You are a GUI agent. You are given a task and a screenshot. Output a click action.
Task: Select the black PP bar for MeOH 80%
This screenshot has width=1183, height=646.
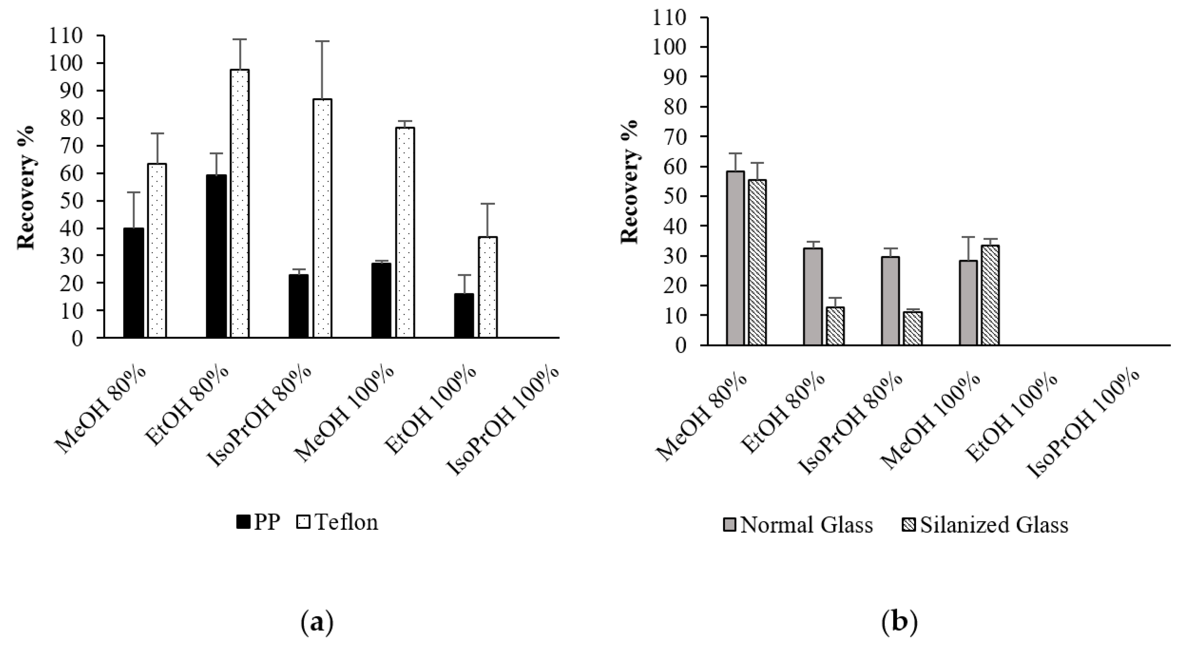(x=134, y=283)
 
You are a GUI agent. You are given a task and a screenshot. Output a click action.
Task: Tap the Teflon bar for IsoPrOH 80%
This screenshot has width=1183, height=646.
(x=322, y=218)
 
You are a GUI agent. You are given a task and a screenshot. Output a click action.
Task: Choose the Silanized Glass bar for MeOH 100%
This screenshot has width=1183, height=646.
(x=991, y=295)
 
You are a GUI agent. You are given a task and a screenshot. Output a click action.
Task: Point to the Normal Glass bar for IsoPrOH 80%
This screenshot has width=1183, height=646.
(x=890, y=301)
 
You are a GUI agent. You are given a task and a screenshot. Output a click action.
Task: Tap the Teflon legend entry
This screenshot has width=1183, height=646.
(x=338, y=522)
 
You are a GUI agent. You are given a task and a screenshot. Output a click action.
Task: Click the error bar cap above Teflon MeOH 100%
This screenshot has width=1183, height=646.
(x=405, y=121)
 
